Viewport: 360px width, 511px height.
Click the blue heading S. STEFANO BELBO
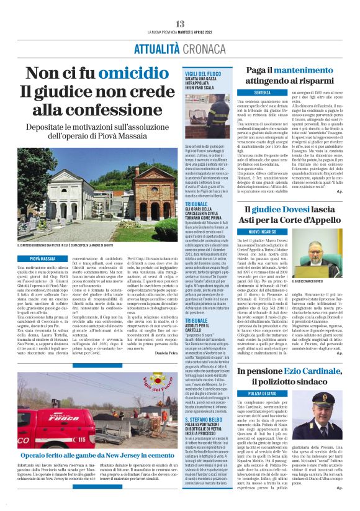pos(201,403)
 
